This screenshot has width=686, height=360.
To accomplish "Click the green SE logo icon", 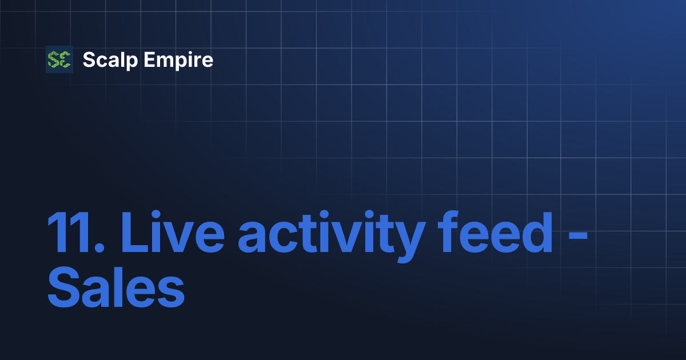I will click(x=59, y=59).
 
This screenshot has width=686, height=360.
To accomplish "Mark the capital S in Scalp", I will click(x=88, y=59).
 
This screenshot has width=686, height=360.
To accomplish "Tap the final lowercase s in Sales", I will click(x=171, y=294).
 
